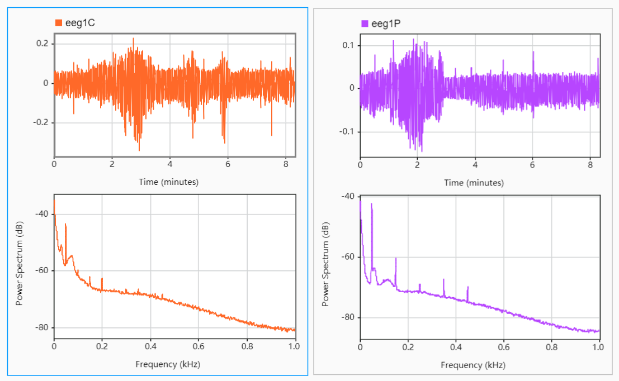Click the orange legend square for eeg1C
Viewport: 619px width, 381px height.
[59, 23]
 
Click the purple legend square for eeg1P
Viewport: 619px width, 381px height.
[365, 23]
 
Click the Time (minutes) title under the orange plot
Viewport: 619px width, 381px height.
[168, 182]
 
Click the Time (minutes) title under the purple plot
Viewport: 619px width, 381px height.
[474, 183]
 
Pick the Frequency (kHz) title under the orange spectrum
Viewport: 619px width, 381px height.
[168, 364]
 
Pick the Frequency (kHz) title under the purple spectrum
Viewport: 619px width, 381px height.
[473, 365]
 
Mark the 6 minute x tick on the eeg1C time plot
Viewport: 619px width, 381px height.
[228, 165]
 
